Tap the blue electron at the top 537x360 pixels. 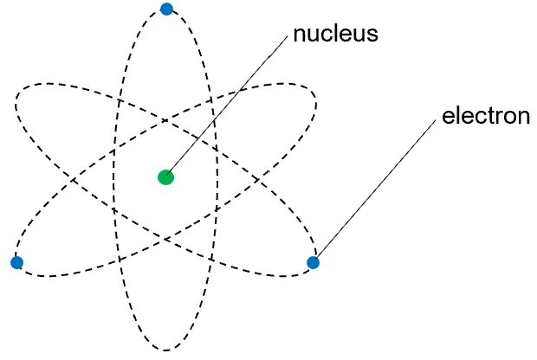(166, 10)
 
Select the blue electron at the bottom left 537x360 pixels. (16, 262)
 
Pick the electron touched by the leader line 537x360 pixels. (314, 262)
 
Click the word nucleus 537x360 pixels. (336, 35)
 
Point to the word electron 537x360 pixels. (486, 116)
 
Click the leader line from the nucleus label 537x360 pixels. (228, 106)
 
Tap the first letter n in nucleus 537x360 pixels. (300, 35)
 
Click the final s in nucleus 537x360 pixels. (373, 35)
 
